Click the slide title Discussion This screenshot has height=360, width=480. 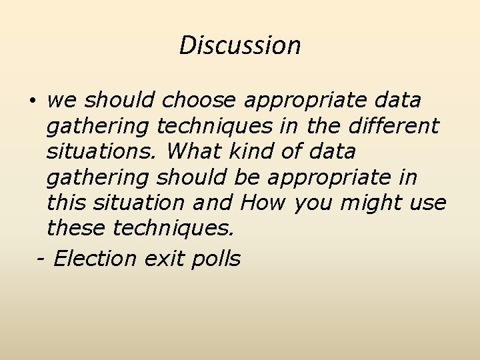coord(240,45)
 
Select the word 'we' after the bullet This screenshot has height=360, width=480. coord(61,101)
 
